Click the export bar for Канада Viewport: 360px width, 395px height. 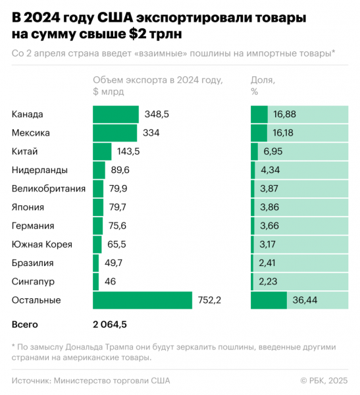pyautogui.click(x=116, y=115)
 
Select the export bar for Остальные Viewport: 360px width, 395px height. pyautogui.click(x=142, y=300)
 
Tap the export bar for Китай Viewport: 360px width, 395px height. pyautogui.click(x=102, y=151)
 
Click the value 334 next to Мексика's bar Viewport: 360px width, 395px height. pyautogui.click(x=151, y=133)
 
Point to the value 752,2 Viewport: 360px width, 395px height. pyautogui.click(x=211, y=300)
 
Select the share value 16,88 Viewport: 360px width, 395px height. pyautogui.click(x=284, y=115)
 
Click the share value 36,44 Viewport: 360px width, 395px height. pyautogui.click(x=303, y=300)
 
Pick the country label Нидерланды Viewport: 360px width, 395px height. pyautogui.click(x=39, y=170)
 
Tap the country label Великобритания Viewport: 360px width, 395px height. pyautogui.click(x=49, y=189)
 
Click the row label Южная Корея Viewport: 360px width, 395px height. pyautogui.click(x=42, y=244)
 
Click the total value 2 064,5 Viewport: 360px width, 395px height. pyautogui.click(x=110, y=325)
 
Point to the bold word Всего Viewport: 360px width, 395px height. pyautogui.click(x=25, y=325)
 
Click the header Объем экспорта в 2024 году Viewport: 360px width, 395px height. pyautogui.click(x=158, y=80)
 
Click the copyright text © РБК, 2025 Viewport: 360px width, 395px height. pyautogui.click(x=323, y=380)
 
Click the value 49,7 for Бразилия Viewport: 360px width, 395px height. pyautogui.click(x=113, y=263)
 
